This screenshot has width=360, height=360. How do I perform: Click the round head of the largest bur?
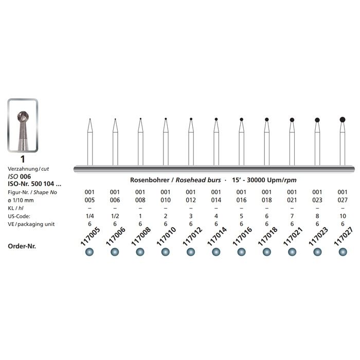pyautogui.click(x=342, y=119)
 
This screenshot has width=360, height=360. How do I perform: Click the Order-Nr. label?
pyautogui.click(x=26, y=246)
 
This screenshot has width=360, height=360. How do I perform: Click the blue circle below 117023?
pyautogui.click(x=317, y=251)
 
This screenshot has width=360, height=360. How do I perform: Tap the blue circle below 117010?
pyautogui.click(x=165, y=251)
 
